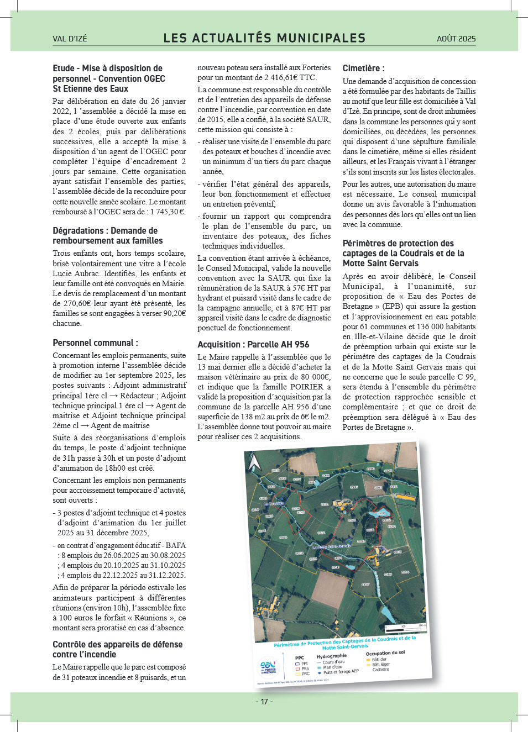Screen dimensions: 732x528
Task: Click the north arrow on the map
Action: pos(254,461)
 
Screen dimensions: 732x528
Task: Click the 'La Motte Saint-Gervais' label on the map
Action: pos(332,547)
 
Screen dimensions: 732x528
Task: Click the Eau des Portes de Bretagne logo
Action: pos(268,667)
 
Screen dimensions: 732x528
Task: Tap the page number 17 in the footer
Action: pos(264,702)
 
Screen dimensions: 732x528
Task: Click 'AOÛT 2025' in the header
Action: pos(456,39)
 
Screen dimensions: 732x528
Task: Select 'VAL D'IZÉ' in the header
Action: pos(70,39)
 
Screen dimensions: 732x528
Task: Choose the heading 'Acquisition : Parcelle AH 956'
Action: pos(253,344)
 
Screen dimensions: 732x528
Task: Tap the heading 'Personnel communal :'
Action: pos(95,343)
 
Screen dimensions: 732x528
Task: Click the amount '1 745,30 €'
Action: pos(166,212)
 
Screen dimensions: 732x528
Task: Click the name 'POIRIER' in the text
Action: pos(305,387)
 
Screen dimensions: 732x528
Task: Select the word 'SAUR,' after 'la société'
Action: pos(318,119)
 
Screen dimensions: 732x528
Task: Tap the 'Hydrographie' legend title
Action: pos(332,656)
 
